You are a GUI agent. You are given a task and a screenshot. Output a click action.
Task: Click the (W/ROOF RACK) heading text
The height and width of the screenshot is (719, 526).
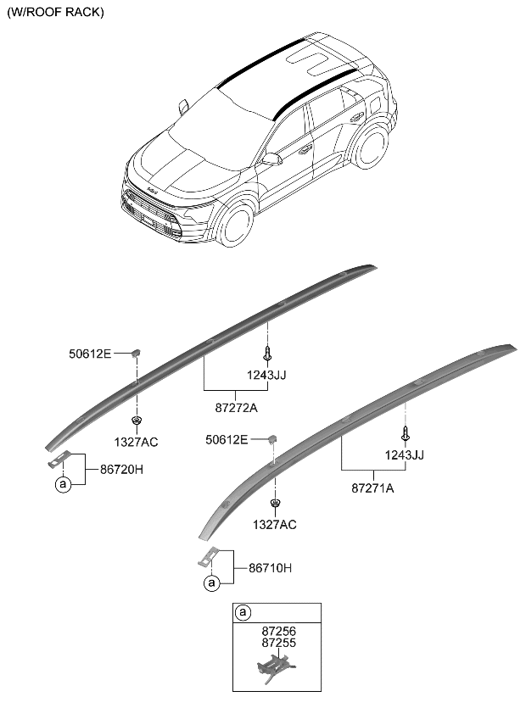(x=56, y=13)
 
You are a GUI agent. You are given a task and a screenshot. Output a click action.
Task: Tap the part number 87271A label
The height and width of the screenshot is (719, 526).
(x=373, y=488)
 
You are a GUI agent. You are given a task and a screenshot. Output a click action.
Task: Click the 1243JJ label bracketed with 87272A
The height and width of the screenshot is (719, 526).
(x=268, y=375)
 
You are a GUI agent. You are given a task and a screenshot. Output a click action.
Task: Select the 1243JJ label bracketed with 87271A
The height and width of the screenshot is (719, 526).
(x=404, y=454)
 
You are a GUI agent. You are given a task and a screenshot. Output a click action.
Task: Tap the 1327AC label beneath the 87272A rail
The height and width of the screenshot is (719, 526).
(x=137, y=442)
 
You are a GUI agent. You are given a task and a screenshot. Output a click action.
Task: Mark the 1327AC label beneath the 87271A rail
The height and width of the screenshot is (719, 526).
(x=275, y=525)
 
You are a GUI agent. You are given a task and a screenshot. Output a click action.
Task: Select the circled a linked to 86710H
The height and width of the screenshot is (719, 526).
(x=211, y=583)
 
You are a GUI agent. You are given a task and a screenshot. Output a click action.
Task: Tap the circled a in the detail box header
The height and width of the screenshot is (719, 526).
(x=243, y=612)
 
